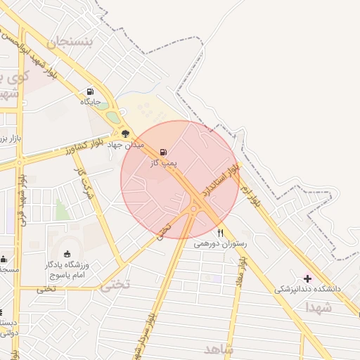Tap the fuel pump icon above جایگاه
89,91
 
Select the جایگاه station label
89,102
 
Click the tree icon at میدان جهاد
125,133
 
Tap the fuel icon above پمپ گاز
164,152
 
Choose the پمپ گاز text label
163,162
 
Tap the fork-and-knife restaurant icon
220,233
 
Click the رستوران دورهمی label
217,243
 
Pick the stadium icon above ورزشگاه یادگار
67,254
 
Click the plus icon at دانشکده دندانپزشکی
307,278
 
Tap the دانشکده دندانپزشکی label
307,289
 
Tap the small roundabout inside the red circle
195,207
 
